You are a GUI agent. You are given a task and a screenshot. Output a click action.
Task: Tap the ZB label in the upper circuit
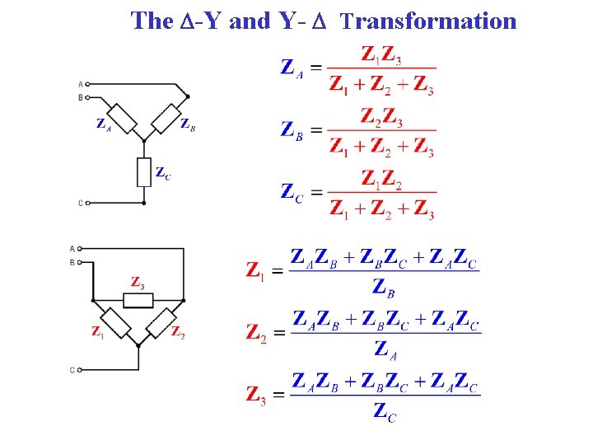tap(188, 124)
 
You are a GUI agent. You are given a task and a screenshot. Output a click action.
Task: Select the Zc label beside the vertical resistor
tap(163, 173)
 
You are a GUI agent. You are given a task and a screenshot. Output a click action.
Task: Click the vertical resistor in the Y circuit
tap(144, 172)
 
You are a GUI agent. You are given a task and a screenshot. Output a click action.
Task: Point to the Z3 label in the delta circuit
tap(138, 282)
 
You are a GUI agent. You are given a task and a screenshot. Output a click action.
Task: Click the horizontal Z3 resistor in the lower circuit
tap(138, 298)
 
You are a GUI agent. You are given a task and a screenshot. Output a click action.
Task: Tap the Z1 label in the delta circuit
tap(98, 332)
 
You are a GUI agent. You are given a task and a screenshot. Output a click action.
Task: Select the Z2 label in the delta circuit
tap(178, 332)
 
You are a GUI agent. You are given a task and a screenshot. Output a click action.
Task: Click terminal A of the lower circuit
tap(80, 248)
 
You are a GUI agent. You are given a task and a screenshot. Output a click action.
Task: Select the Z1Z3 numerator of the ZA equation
tap(382, 55)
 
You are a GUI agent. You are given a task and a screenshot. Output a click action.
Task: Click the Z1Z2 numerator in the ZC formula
tap(381, 179)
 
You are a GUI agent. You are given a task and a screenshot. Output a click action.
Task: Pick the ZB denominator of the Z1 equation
tap(384, 287)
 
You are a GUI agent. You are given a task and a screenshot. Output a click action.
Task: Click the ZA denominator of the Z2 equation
tap(384, 349)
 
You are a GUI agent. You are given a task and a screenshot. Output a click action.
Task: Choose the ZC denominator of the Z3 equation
tap(384, 411)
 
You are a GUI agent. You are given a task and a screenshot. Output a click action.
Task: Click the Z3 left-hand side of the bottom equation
tap(256, 395)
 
